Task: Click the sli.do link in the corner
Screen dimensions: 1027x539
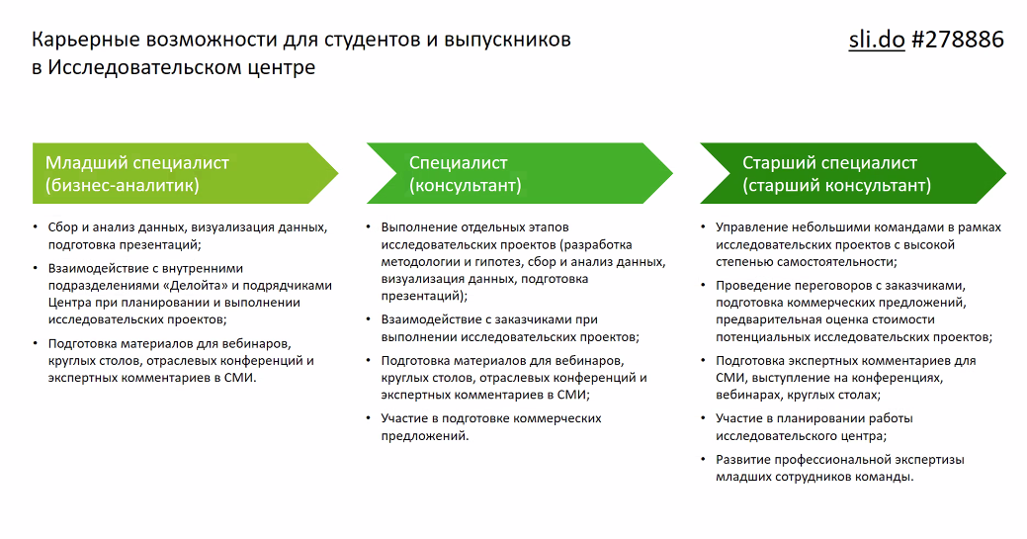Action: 877,40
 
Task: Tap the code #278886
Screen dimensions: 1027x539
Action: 958,40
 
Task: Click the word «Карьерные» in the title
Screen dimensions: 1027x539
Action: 86,41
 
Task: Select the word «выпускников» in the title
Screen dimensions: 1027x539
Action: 508,41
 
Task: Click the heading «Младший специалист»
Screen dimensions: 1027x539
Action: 137,162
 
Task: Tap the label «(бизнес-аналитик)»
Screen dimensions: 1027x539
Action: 122,185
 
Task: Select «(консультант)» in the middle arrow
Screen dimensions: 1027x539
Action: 465,185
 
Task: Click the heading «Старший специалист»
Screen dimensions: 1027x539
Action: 830,162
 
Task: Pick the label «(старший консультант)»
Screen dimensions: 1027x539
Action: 836,185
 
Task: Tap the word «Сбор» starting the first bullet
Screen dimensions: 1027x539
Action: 63,227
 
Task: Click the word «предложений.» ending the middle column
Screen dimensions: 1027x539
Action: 425,436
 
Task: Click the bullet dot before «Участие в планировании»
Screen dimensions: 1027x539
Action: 704,417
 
